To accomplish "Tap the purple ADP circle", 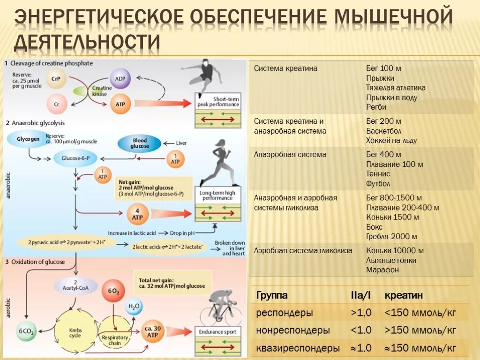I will pos(120,79).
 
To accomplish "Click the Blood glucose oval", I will pos(140,143).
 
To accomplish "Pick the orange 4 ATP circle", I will pos(138,214).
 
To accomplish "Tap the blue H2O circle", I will pos(135,307).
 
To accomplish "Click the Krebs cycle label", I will pos(75,333).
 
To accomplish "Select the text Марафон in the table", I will pos(382,270).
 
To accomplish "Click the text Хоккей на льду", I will pos(391,141).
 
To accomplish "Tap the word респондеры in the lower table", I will pos(285,313).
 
